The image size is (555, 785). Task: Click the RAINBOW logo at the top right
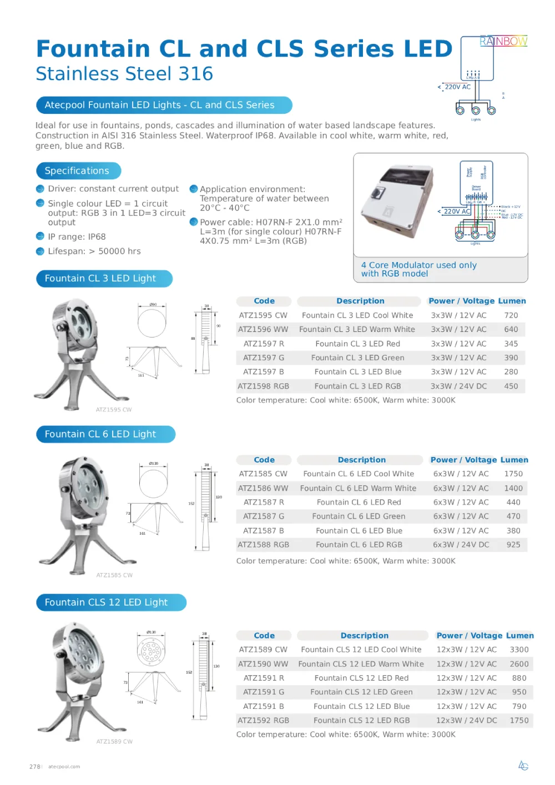pos(503,41)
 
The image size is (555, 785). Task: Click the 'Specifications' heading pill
pos(77,171)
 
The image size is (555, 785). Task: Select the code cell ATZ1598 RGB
pos(263,386)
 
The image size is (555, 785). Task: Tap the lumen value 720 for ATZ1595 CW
pos(511,315)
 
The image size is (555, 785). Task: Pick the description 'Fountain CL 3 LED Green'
pos(357,358)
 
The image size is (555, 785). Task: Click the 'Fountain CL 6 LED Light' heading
pos(100,434)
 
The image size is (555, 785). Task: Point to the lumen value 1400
pos(513,489)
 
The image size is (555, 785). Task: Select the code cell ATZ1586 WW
pos(263,489)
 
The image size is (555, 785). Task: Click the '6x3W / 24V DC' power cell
pos(461,545)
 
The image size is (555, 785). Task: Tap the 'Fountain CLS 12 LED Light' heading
pos(106,602)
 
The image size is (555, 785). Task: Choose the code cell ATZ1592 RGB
pos(263,721)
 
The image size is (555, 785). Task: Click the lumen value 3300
pos(518,650)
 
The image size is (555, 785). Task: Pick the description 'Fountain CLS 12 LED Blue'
pos(361,707)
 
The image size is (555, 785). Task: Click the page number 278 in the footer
pos(35,767)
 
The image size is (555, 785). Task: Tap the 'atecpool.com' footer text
pos(64,767)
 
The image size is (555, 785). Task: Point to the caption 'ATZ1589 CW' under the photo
pos(114,742)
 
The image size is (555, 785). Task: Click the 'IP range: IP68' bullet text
pos(77,236)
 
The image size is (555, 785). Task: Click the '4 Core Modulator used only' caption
pos(418,265)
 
